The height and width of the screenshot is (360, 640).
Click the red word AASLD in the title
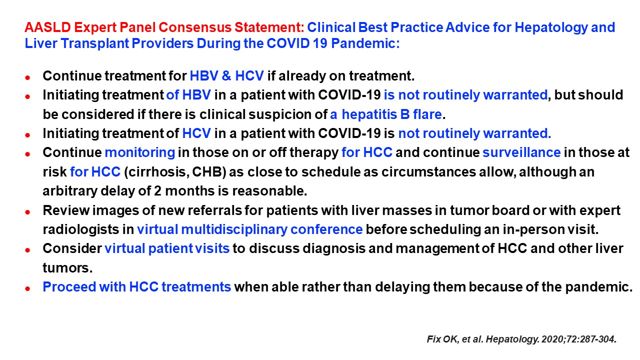click(x=47, y=27)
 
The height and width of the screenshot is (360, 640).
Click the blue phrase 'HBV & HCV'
click(x=226, y=76)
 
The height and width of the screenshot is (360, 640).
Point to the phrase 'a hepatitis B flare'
click(x=385, y=114)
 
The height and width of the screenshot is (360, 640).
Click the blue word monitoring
click(x=140, y=152)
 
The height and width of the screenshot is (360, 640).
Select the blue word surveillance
click(x=521, y=152)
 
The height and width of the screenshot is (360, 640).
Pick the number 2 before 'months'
click(x=157, y=191)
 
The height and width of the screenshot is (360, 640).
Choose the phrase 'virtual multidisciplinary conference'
click(x=249, y=229)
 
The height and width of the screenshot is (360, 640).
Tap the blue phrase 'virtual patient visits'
click(x=167, y=248)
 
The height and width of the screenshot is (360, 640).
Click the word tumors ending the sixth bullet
click(x=67, y=268)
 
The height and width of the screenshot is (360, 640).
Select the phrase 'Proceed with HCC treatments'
click(x=137, y=287)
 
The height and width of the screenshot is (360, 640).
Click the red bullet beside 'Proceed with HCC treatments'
click(x=27, y=288)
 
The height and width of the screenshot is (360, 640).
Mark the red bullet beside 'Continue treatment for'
click(x=27, y=77)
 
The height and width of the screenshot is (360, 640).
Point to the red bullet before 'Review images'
click(x=27, y=212)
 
